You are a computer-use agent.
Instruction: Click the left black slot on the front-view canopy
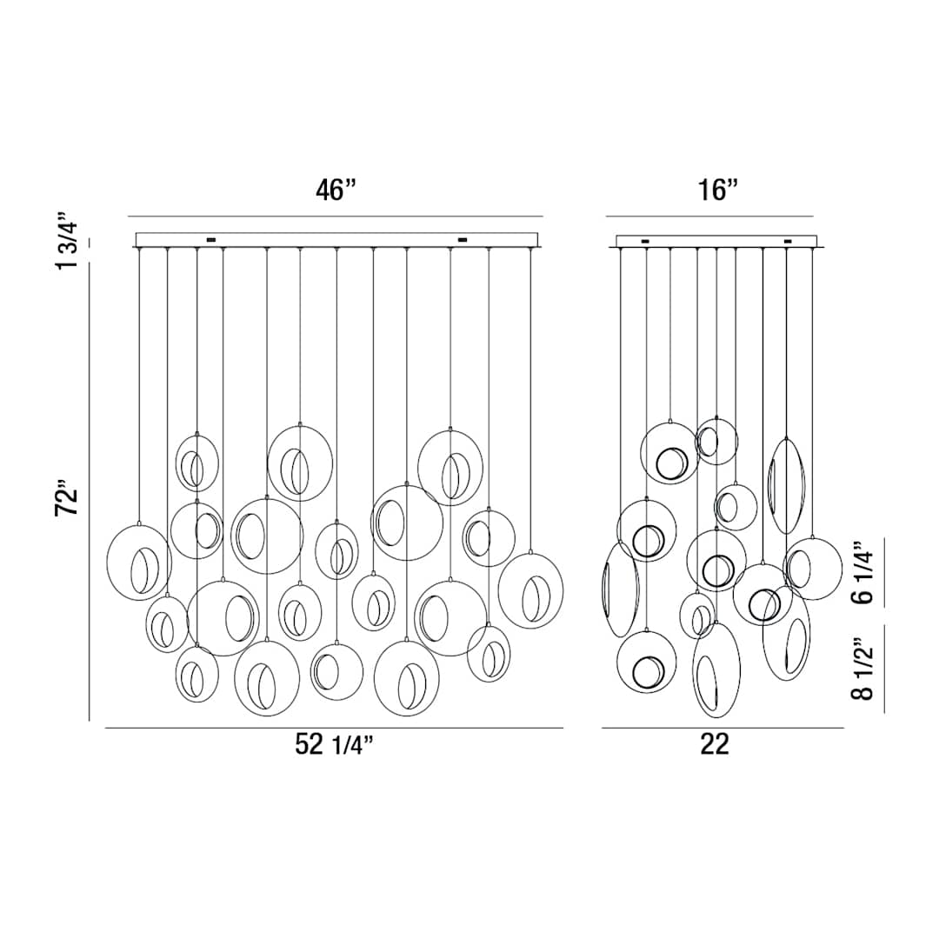click(210, 239)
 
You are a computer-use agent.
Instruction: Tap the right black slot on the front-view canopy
click(463, 239)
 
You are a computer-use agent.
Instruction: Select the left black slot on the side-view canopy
click(644, 241)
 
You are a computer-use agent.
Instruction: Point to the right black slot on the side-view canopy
click(788, 241)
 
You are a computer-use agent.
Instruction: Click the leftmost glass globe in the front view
click(138, 563)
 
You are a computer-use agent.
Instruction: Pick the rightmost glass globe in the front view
click(530, 590)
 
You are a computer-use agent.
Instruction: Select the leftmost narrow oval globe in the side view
click(620, 589)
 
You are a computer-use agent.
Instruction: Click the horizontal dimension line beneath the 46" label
click(335, 216)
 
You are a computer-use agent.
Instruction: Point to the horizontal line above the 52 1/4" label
click(334, 727)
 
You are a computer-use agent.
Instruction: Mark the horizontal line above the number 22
click(722, 728)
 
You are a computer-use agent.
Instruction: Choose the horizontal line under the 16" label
click(709, 216)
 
